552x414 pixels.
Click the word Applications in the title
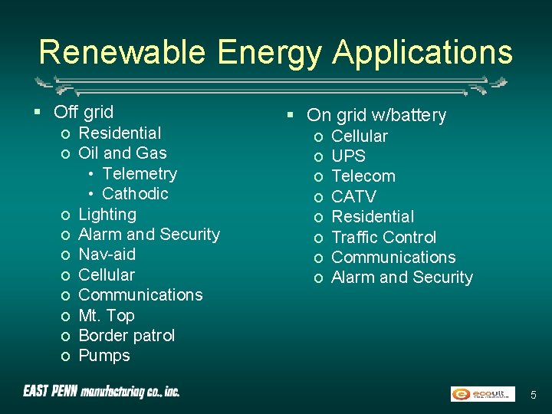pos(422,52)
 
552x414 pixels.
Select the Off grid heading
pos(84,112)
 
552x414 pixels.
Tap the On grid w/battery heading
pos(376,115)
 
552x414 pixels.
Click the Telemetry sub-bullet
pos(139,173)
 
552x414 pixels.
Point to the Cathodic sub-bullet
pos(135,193)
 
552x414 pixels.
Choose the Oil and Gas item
pos(123,153)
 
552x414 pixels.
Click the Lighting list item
pos(107,214)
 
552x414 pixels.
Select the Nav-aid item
pos(107,254)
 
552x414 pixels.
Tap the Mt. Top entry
pos(107,315)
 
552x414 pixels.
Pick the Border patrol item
pos(127,335)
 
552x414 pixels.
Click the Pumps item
pos(104,355)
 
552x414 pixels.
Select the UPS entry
pos(348,156)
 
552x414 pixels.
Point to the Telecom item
pos(363,176)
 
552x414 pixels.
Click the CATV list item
pos(353,196)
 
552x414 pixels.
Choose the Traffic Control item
pos(383,237)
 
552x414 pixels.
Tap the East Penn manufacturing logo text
pos(101,392)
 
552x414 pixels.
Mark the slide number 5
pos(534,394)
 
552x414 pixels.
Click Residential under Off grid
pos(120,133)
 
